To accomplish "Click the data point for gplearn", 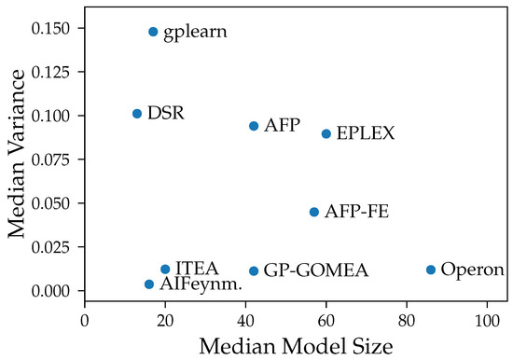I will [x=153, y=32].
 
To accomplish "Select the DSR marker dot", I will [x=137, y=114].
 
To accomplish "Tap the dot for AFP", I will [x=254, y=126].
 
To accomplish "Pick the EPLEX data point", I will [x=326, y=133].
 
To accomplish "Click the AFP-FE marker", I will [x=314, y=213].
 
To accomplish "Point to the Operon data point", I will [x=431, y=270].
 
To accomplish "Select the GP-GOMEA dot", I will [x=254, y=271].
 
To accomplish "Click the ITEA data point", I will [x=165, y=269].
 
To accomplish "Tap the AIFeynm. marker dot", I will [x=149, y=284].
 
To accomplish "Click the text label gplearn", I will [x=195, y=33].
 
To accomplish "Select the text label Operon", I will [x=472, y=270].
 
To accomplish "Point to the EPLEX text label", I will [x=366, y=134].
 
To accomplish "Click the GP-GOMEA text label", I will [x=315, y=271].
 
